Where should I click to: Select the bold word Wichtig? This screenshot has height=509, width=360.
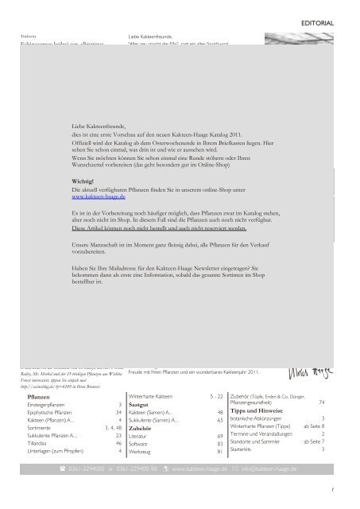[x=84, y=181]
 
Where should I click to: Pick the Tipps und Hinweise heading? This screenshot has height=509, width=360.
[x=257, y=398]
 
